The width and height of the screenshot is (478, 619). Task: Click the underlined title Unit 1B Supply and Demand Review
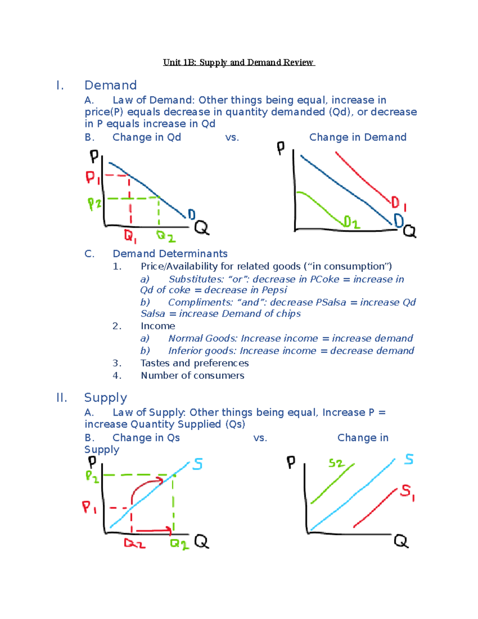coord(239,63)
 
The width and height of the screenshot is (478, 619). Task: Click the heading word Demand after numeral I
coord(110,85)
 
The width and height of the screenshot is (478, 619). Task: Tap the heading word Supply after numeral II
coord(106,397)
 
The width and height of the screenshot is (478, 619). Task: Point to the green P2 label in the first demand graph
coord(94,204)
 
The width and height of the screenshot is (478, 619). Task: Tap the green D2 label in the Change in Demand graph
coord(351,222)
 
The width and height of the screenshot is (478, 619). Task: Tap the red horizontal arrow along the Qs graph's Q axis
coord(153,531)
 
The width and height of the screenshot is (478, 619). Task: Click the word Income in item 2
coord(158,326)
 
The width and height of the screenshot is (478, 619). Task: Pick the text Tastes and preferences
coord(194,363)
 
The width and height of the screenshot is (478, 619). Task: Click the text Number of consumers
coord(192,375)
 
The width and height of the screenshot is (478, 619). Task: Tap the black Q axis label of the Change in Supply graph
coord(401,541)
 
